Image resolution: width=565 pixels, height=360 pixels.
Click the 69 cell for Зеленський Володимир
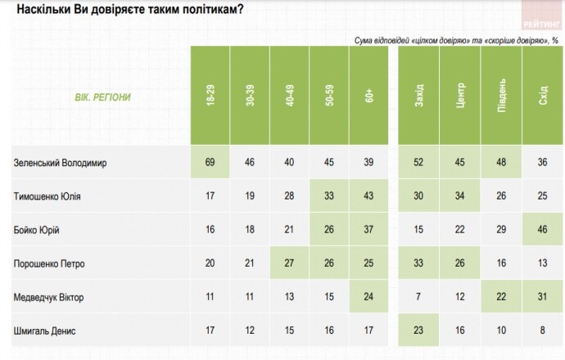click(x=210, y=163)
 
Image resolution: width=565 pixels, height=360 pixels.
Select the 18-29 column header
click(x=210, y=97)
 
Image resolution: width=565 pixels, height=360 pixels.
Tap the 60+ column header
click(x=370, y=97)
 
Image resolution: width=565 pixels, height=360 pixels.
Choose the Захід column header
click(x=419, y=97)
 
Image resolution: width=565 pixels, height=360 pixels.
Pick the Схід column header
click(x=541, y=97)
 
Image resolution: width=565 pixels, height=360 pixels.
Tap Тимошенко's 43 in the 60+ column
click(x=370, y=196)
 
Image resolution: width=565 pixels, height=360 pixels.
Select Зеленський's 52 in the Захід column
click(x=419, y=163)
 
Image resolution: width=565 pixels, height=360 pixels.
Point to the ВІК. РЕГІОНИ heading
click(x=97, y=97)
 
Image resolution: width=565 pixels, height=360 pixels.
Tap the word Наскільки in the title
click(x=43, y=10)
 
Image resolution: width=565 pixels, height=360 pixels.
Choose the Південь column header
click(x=501, y=97)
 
